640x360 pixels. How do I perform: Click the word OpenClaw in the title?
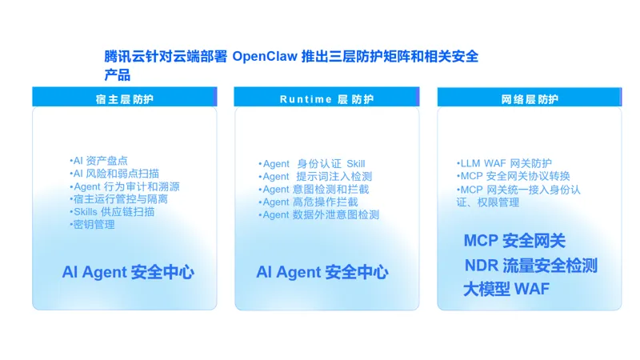pos(265,56)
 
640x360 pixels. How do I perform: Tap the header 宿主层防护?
pos(125,99)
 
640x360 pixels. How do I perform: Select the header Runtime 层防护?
pos(326,99)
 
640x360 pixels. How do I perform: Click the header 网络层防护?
pos(530,99)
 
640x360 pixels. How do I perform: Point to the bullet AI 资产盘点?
pos(98,161)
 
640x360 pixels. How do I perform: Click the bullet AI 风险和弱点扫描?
pos(114,174)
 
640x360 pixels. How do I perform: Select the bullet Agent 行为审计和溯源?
pos(125,186)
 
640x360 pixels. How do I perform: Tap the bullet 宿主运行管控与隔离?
pos(118,199)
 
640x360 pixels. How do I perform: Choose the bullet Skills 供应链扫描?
pos(112,212)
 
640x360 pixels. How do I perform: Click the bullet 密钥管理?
pos(92,225)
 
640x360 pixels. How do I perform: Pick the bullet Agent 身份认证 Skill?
pos(312,164)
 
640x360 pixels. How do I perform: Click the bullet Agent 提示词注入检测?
pos(315,176)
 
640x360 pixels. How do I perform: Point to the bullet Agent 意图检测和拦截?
pos(314,190)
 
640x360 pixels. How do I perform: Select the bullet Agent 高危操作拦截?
pos(308,202)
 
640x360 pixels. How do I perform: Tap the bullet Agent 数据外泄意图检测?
pos(319,214)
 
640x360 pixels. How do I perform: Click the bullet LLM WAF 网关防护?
pos(504,163)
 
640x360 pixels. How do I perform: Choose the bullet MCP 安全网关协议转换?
pos(513,176)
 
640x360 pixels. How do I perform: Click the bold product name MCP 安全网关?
pos(514,241)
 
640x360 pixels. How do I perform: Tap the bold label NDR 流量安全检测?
pos(531,266)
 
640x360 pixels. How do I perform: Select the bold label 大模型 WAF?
pos(506,289)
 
